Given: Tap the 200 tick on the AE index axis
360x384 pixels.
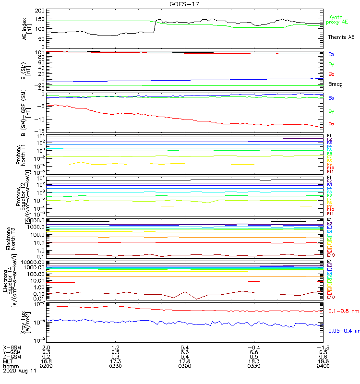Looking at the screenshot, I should click(40, 10).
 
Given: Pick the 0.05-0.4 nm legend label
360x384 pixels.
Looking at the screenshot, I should click(344, 331).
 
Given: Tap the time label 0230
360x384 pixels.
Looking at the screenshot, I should click(115, 366).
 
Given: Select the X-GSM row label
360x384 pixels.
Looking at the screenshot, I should click(12, 347).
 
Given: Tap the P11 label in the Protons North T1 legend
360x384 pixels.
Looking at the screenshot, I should click(330, 171).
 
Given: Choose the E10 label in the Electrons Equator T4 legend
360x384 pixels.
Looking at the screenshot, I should click(330, 298).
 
